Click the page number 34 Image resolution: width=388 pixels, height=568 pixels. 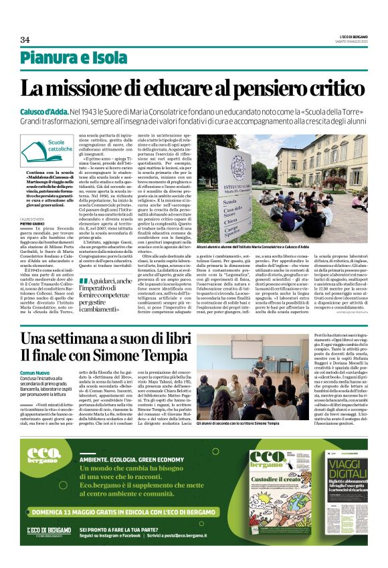[25, 39]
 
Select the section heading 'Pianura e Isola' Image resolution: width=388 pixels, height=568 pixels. [64, 58]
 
